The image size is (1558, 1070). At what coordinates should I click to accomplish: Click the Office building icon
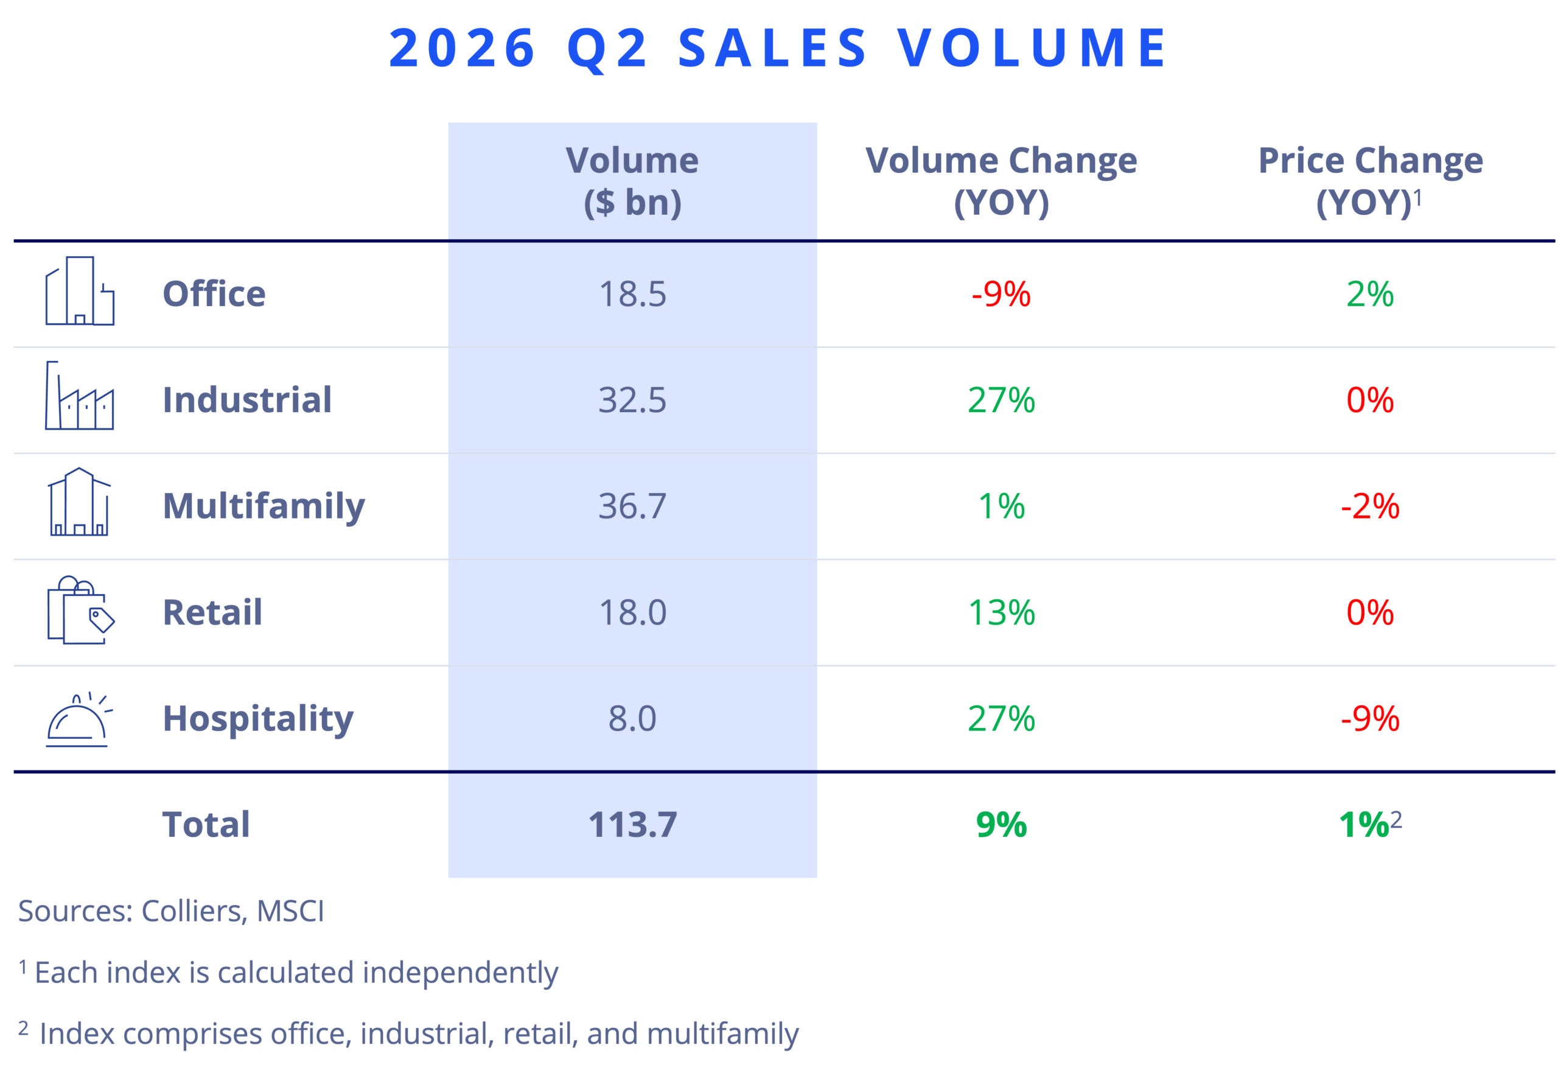pos(80,291)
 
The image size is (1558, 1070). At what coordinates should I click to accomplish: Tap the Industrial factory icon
pos(79,396)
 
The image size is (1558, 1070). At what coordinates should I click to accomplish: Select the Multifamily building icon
pos(79,502)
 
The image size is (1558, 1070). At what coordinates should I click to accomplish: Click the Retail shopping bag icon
pos(81,609)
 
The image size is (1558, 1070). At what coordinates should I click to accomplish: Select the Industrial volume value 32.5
pos(632,400)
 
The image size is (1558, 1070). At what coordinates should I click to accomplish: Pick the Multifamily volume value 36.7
pos(632,506)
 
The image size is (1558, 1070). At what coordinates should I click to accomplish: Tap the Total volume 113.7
pos(632,825)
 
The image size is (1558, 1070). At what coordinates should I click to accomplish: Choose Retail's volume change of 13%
pos(1001,613)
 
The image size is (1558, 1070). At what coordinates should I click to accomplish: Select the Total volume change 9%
pos(1001,825)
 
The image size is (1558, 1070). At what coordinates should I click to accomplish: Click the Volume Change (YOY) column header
pos(1001,181)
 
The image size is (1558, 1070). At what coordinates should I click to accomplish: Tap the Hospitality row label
pos(258,719)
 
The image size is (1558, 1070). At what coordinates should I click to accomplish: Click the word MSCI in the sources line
pos(290,911)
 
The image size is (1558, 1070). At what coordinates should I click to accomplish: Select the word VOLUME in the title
pos(1032,48)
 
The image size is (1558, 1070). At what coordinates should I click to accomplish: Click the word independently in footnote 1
pos(460,973)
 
